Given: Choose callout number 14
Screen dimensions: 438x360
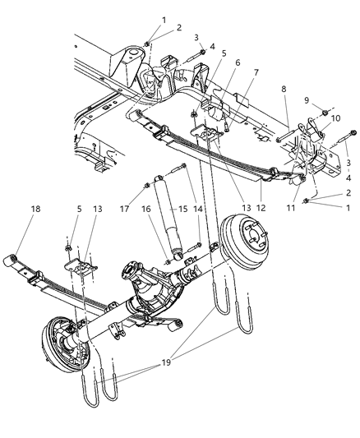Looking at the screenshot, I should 197,210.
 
